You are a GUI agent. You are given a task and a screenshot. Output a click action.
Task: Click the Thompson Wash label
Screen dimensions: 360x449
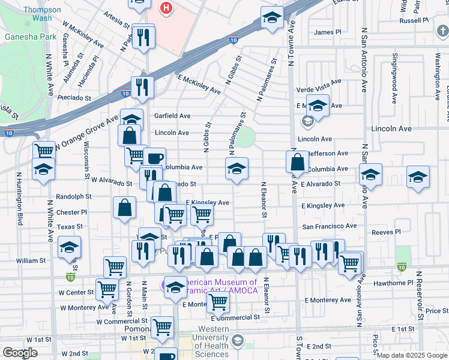tap(41, 14)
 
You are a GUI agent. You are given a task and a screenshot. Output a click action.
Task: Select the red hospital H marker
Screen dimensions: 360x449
tap(167, 8)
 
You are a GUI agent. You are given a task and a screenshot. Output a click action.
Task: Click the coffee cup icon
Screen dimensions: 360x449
tap(154, 158)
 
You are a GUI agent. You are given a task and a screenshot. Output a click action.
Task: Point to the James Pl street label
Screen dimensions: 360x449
tap(327, 32)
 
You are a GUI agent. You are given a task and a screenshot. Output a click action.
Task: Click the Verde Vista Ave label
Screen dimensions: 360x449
tap(319, 82)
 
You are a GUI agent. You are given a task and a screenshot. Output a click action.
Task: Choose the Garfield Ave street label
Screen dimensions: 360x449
tap(172, 116)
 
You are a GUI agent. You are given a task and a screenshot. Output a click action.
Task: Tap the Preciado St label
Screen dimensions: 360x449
tap(75, 98)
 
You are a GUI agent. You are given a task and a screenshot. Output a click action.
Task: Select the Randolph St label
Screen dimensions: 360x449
tap(73, 196)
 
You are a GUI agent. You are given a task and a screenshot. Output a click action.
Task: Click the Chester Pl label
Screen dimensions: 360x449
tap(71, 212)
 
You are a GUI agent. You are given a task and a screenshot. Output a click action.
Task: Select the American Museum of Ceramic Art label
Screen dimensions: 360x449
tap(219, 286)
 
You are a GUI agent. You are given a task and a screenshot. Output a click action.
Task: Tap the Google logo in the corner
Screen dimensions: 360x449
tap(20, 353)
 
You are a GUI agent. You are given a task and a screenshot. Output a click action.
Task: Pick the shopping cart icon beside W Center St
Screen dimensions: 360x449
tap(107, 289)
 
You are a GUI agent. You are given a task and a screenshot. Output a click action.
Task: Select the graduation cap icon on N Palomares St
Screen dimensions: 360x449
tap(237, 169)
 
